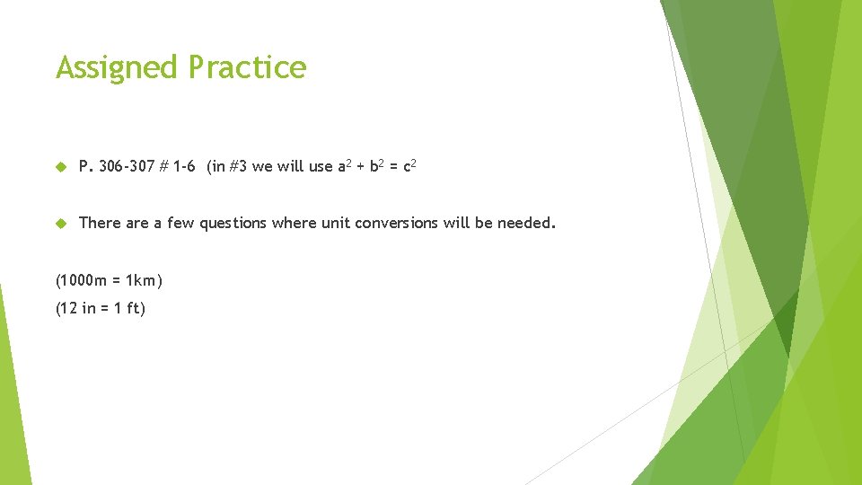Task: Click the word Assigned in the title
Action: pyautogui.click(x=118, y=67)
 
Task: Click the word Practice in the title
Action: pyautogui.click(x=247, y=67)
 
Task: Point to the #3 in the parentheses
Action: pyautogui.click(x=239, y=167)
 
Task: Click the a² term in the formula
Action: pyautogui.click(x=343, y=166)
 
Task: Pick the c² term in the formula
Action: pyautogui.click(x=409, y=166)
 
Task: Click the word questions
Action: pyautogui.click(x=233, y=223)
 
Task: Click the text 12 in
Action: pyautogui.click(x=79, y=308)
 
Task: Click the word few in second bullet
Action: pyautogui.click(x=181, y=223)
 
